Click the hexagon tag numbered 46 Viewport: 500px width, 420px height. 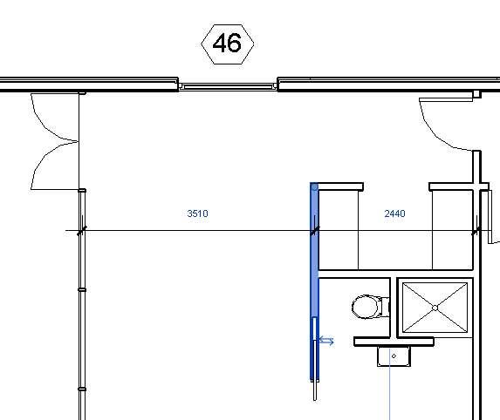pos(228,44)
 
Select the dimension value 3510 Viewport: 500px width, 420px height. pos(198,213)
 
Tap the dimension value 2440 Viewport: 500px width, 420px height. pos(394,213)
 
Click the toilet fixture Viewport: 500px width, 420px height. pos(371,307)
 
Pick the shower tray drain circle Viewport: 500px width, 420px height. pos(435,308)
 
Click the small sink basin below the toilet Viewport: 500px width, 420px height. pos(394,356)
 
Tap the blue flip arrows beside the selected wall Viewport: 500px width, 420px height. pos(326,341)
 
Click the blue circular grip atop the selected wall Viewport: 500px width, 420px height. pos(314,187)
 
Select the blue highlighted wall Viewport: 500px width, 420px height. pos(314,281)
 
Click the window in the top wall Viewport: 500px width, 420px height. pos(228,86)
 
